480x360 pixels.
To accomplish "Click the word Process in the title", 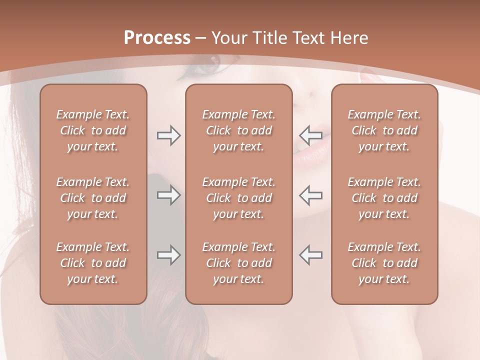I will (x=157, y=38).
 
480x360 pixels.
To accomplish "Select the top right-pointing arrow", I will (x=168, y=135).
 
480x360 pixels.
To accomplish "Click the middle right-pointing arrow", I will (x=168, y=195).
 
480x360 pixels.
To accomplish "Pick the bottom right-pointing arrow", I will (x=168, y=255).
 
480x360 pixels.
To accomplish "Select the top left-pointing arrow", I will (x=310, y=135).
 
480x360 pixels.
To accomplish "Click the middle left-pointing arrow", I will (x=310, y=195).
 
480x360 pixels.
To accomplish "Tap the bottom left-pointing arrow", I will (x=310, y=255).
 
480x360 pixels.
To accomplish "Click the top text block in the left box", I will (x=93, y=130).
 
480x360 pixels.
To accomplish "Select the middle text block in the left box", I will (x=93, y=198).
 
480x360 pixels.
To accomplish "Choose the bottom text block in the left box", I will (x=93, y=263).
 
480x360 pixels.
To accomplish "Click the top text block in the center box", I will (x=238, y=130).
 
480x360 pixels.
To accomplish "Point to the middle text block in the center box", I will (x=238, y=198).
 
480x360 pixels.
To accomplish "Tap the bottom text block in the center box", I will (x=238, y=263).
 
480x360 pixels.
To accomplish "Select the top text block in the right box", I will (x=384, y=130).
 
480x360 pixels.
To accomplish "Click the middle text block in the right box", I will (x=384, y=198).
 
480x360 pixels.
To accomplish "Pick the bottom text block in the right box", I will (x=384, y=263).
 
